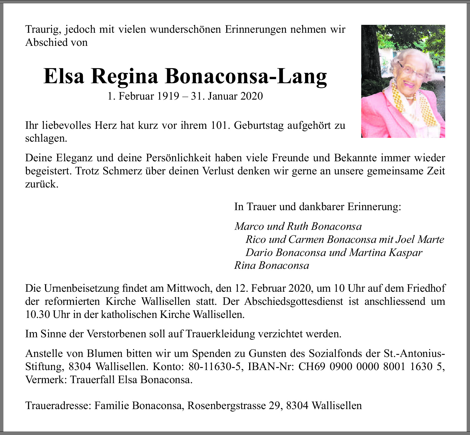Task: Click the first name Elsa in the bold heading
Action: coord(64,76)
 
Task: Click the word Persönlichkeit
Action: coord(179,158)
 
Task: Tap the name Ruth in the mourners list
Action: coord(297,226)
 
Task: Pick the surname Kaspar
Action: coord(405,252)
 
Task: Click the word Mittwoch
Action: coord(188,288)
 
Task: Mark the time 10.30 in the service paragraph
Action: coord(37,314)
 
